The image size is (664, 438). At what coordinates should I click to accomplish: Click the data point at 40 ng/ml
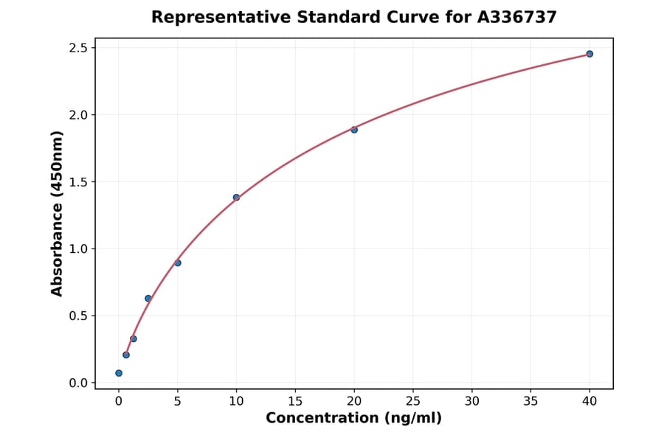pyautogui.click(x=589, y=54)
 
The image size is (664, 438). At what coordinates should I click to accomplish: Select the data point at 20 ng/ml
pyautogui.click(x=354, y=130)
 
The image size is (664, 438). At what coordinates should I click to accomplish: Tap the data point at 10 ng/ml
pyautogui.click(x=236, y=198)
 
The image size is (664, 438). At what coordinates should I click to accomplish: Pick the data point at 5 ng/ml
pyautogui.click(x=178, y=263)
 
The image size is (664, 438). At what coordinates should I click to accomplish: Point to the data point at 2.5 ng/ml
pyautogui.click(x=148, y=299)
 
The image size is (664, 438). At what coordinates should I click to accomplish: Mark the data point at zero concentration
pyautogui.click(x=119, y=373)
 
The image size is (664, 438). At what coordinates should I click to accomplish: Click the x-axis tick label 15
pyautogui.click(x=295, y=401)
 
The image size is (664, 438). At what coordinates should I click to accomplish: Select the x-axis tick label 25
pyautogui.click(x=413, y=401)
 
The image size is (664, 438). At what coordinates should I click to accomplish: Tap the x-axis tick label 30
pyautogui.click(x=472, y=401)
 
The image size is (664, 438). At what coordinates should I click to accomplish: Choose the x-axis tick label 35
pyautogui.click(x=530, y=401)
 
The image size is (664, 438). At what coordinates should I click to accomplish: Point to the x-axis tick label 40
pyautogui.click(x=589, y=401)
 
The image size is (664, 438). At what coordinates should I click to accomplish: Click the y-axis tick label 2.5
pyautogui.click(x=78, y=48)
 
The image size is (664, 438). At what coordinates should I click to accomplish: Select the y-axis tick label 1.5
pyautogui.click(x=78, y=182)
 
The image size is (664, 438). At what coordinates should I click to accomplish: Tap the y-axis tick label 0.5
pyautogui.click(x=78, y=316)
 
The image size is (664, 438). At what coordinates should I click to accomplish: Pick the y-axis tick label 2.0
pyautogui.click(x=78, y=115)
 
